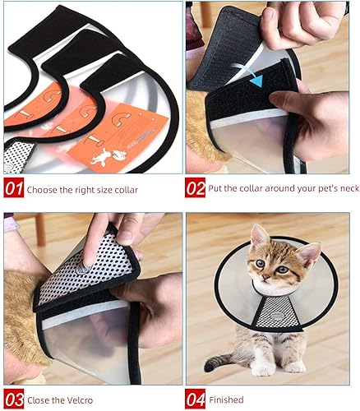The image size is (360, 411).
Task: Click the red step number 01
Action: (13, 188)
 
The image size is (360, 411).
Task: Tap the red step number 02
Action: (196, 188)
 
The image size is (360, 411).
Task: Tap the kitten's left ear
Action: (309, 253)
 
